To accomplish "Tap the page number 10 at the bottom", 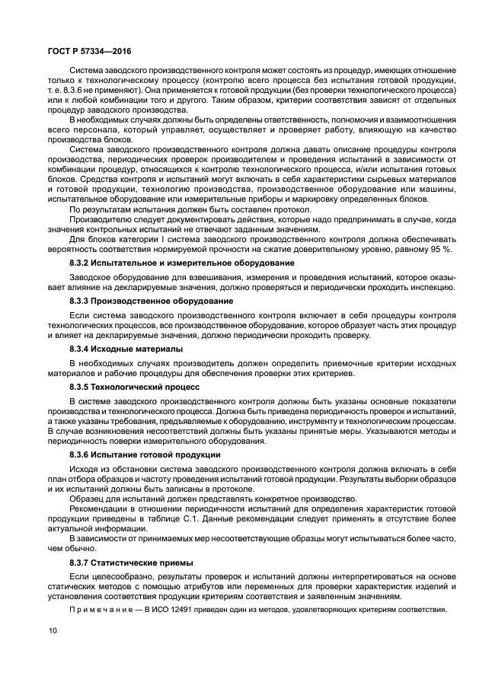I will tap(52, 630).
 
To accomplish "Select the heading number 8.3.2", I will tap(81, 263).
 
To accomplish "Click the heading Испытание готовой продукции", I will tap(161, 454).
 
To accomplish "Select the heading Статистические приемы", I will tap(149, 563).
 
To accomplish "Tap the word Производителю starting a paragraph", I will tap(103, 218).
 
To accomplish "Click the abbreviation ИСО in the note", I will tap(161, 610).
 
